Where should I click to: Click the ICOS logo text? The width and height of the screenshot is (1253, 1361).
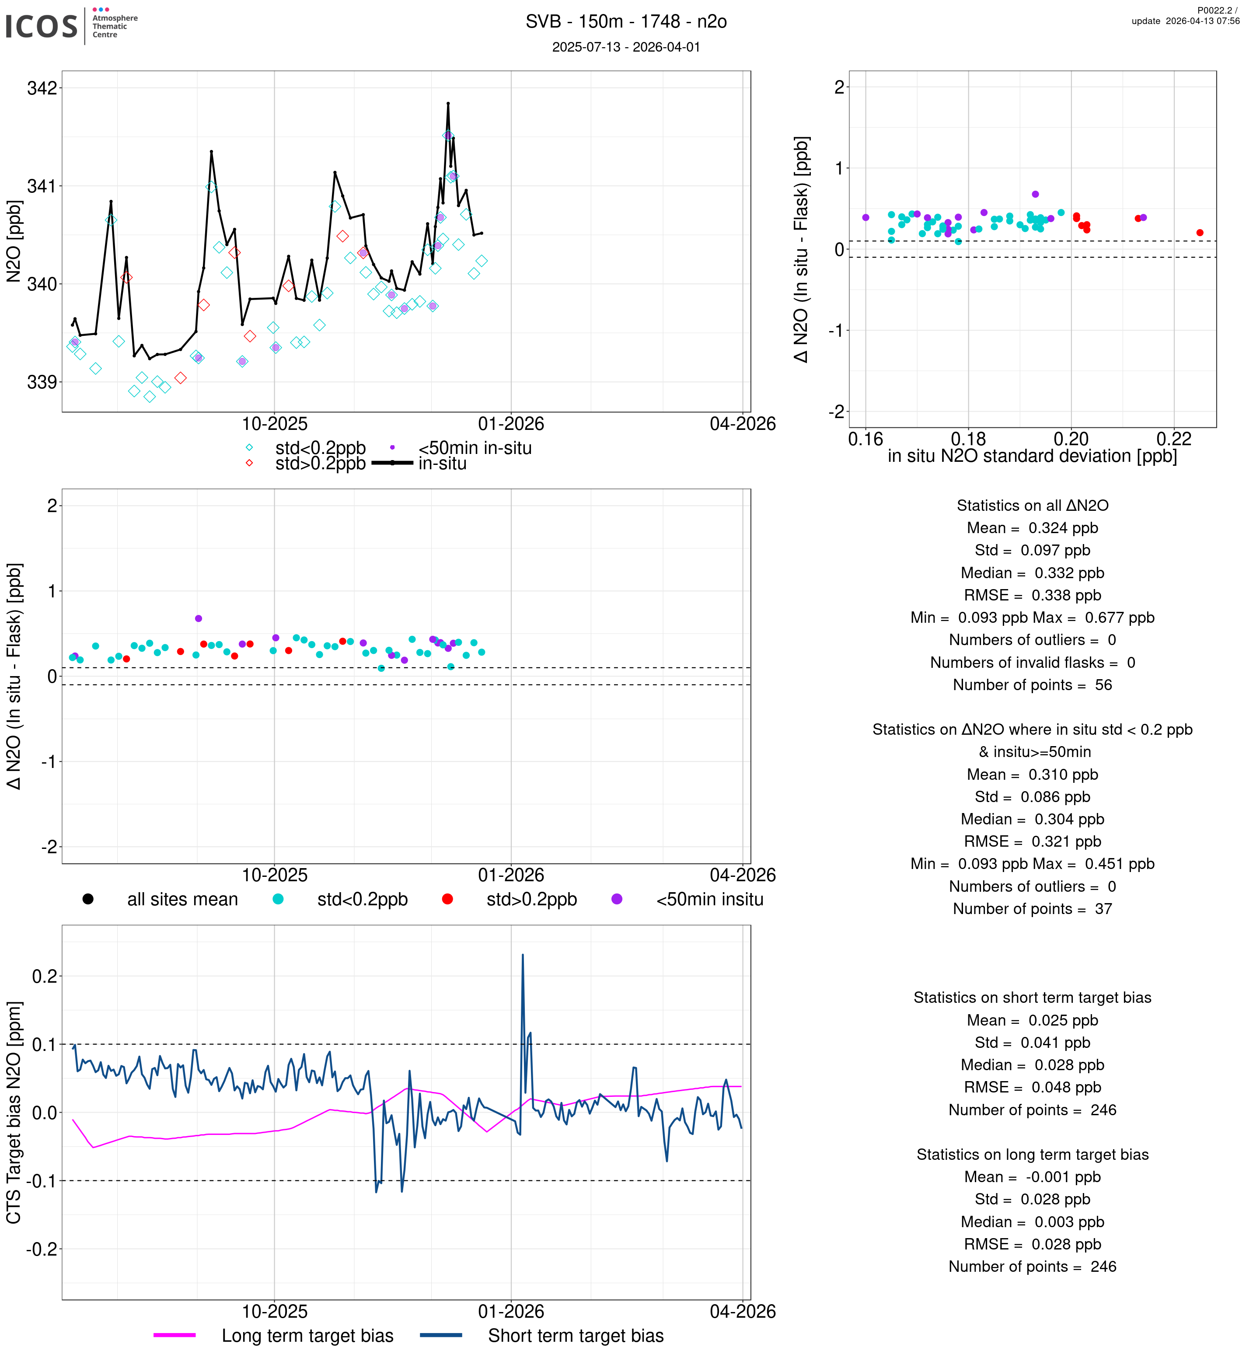click(x=42, y=26)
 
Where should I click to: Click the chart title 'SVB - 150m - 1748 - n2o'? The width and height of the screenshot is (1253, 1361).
click(x=626, y=22)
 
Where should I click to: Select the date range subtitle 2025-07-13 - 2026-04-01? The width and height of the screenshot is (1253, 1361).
click(x=626, y=47)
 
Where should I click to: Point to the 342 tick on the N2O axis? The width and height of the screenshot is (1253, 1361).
click(x=42, y=88)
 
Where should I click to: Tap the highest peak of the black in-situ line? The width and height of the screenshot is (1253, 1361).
click(x=448, y=103)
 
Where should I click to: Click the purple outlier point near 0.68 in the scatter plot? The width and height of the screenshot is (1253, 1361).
click(x=1035, y=194)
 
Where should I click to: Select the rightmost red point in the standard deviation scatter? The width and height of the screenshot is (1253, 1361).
click(x=1200, y=233)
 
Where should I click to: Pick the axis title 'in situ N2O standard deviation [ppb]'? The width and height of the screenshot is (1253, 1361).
click(x=1032, y=456)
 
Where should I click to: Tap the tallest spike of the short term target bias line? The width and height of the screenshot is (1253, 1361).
click(x=523, y=956)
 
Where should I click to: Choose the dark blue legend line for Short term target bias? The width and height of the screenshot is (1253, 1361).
click(x=441, y=1335)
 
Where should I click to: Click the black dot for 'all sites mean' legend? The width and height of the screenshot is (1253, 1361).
click(x=88, y=899)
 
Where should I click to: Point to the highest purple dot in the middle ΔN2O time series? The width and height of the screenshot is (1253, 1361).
click(x=199, y=618)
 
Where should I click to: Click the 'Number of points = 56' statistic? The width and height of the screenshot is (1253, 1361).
click(x=1032, y=685)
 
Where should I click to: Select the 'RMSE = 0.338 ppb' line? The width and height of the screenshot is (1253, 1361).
click(x=1032, y=595)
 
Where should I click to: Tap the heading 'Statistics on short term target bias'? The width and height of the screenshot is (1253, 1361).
click(x=1032, y=998)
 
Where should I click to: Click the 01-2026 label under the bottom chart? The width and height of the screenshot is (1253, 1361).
click(x=511, y=1312)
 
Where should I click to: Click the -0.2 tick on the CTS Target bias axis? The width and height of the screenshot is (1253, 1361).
click(x=42, y=1249)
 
